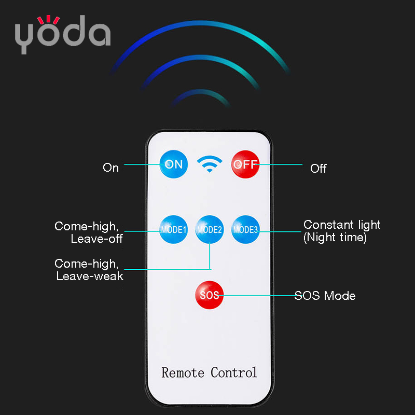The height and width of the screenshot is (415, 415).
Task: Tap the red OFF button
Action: (245, 164)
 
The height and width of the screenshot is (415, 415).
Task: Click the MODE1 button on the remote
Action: (173, 229)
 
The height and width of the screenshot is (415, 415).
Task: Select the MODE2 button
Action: (210, 229)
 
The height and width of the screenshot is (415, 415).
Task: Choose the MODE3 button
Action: (245, 229)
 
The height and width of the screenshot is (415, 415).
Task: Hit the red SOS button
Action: (210, 295)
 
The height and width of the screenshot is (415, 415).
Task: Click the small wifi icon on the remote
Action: (210, 164)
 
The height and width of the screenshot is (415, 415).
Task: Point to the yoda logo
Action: (63, 34)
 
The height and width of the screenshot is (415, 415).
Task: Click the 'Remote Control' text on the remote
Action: (210, 372)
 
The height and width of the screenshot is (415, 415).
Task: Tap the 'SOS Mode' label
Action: (325, 296)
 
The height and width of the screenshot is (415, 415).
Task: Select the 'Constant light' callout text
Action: (342, 225)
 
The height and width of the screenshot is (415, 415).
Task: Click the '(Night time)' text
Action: (335, 238)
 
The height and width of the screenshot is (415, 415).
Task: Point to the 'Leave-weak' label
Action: (90, 276)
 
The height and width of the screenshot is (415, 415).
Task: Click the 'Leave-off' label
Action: (96, 239)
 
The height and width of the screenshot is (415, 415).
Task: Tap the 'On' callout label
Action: (110, 168)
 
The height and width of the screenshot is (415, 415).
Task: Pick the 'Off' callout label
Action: (319, 169)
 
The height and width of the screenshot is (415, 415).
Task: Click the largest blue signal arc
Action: (200, 24)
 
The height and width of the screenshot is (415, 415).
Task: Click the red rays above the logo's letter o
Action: (48, 20)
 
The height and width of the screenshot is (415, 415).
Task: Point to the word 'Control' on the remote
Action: (234, 372)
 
